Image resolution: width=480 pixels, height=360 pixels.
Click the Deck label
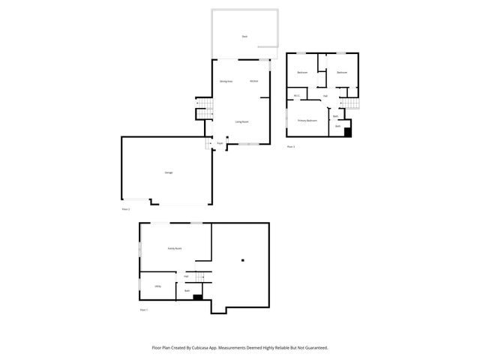point(244,37)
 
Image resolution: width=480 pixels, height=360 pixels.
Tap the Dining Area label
point(224,81)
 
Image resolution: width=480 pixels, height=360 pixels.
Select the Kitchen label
point(254,81)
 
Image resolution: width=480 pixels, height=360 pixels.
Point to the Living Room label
point(242,121)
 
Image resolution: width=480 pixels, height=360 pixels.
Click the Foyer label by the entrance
point(220,142)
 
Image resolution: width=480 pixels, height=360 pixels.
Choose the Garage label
point(169,173)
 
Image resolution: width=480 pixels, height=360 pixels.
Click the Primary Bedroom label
point(307,120)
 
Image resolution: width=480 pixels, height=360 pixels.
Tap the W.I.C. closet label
point(297,96)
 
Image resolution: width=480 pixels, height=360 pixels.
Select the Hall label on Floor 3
point(325,96)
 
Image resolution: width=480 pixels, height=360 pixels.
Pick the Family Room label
point(174,248)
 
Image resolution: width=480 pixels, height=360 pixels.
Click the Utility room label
point(158,286)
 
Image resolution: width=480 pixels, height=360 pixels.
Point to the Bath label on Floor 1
point(186,290)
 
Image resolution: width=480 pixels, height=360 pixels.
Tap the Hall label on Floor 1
point(186,276)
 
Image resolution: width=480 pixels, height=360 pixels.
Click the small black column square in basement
point(242,260)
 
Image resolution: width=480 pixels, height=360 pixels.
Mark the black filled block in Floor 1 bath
point(198,297)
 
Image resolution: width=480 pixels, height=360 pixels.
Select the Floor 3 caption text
point(291,147)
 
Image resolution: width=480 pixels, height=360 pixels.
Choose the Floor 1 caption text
point(144,310)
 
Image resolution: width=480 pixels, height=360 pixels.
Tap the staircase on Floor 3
point(349,103)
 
